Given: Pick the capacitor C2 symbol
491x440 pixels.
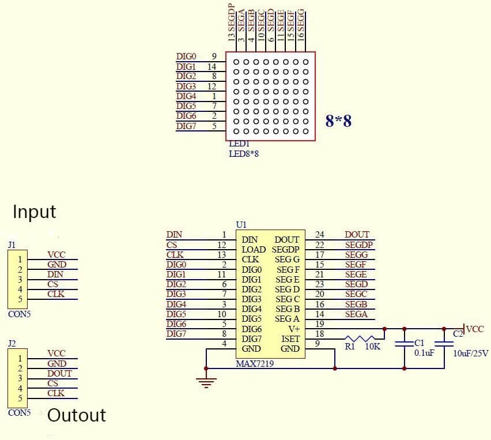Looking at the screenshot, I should (444, 344).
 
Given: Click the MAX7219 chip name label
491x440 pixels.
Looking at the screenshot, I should (255, 364).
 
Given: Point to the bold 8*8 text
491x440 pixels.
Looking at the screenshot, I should (338, 121).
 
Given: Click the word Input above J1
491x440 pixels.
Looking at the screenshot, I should (35, 212).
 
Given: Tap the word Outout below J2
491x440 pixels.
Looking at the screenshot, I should (77, 415).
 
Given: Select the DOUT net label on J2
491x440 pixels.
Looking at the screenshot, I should (59, 373).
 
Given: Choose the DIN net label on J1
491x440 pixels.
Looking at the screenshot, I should (55, 274).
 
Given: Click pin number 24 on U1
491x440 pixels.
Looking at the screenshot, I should (320, 235).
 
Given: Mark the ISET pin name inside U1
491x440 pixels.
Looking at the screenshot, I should (290, 339).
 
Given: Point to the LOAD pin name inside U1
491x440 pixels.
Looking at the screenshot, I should (254, 250).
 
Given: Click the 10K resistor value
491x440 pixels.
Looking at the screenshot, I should (373, 347).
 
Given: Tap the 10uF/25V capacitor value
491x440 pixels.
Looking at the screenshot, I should (471, 352).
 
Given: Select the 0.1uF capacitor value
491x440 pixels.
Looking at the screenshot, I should (425, 352).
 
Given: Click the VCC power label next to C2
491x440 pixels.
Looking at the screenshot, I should (475, 329).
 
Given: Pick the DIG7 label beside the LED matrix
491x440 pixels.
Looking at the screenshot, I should (186, 126).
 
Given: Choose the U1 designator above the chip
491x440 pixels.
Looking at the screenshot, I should (241, 224).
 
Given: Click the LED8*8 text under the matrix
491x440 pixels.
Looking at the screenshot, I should (244, 153).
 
